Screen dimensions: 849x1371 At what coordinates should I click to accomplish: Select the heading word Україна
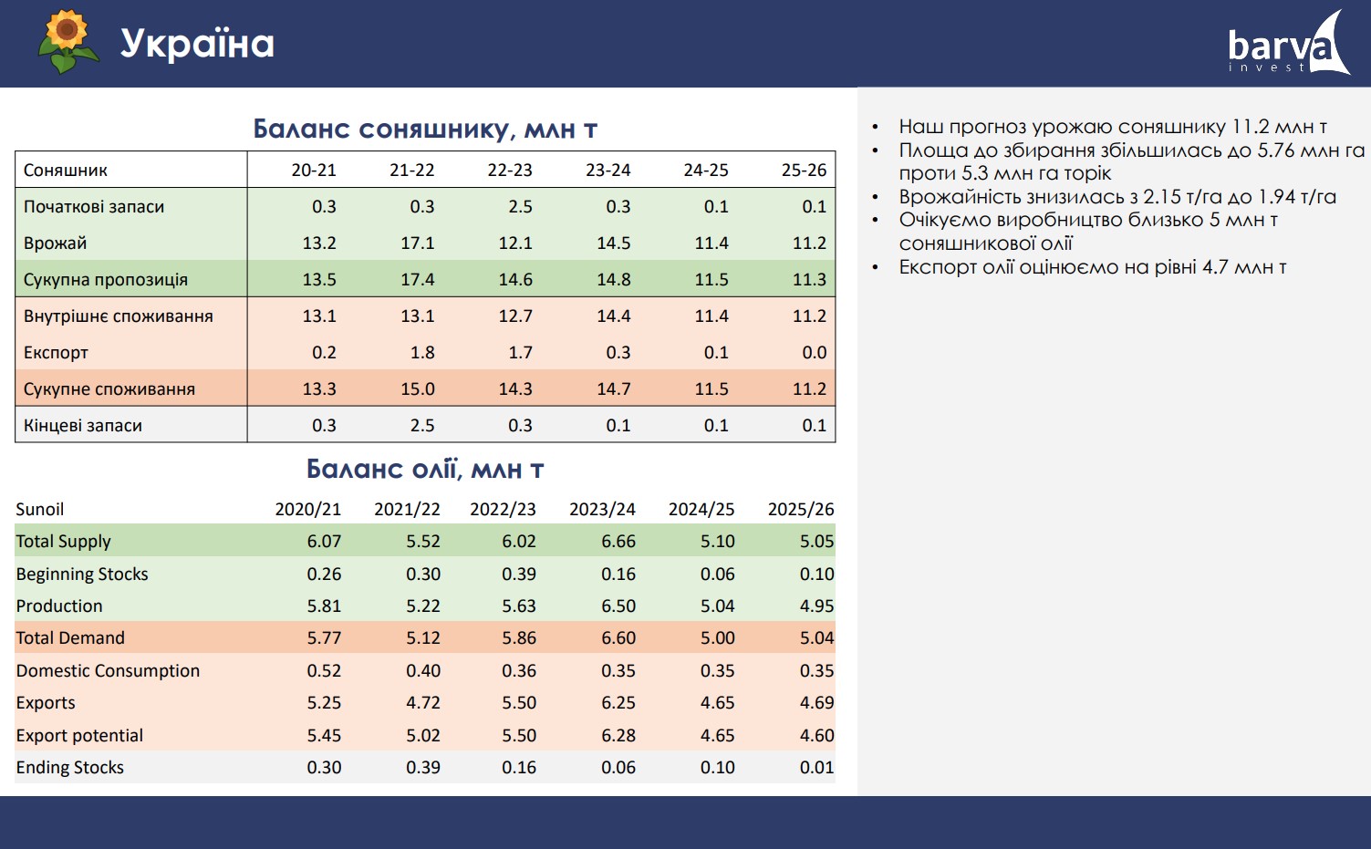pos(197,44)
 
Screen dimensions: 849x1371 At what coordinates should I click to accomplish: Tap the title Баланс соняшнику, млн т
pos(425,129)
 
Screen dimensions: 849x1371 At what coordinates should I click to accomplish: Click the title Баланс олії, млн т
pos(425,470)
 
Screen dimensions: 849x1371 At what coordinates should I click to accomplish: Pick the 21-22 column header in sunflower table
pos(412,171)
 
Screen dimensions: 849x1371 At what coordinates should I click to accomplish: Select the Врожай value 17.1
pos(418,243)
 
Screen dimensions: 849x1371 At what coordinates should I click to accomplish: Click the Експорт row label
pos(56,353)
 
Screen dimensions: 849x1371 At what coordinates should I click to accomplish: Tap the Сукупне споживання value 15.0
pos(418,389)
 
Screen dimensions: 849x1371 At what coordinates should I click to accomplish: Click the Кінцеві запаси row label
pos(83,426)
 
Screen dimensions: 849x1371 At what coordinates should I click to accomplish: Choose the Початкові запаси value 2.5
pos(520,207)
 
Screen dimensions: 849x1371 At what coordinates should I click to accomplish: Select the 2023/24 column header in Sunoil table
pos(602,510)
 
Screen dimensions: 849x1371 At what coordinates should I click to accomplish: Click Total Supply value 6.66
pos(618,542)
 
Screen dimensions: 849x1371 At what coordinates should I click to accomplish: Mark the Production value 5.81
pos(324,606)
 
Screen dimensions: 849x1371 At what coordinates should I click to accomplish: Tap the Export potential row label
pos(79,736)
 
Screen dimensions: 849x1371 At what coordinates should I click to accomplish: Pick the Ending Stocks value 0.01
pos(816,768)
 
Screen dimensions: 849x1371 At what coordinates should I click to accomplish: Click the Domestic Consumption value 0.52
pos(324,671)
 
